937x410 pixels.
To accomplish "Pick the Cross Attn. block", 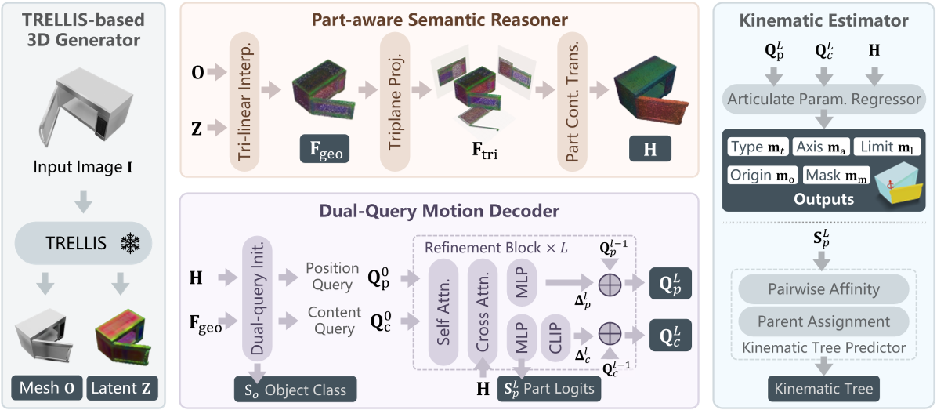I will [483, 310].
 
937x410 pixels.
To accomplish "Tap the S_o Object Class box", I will [295, 389].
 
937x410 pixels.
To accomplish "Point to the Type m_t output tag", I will [758, 147].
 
